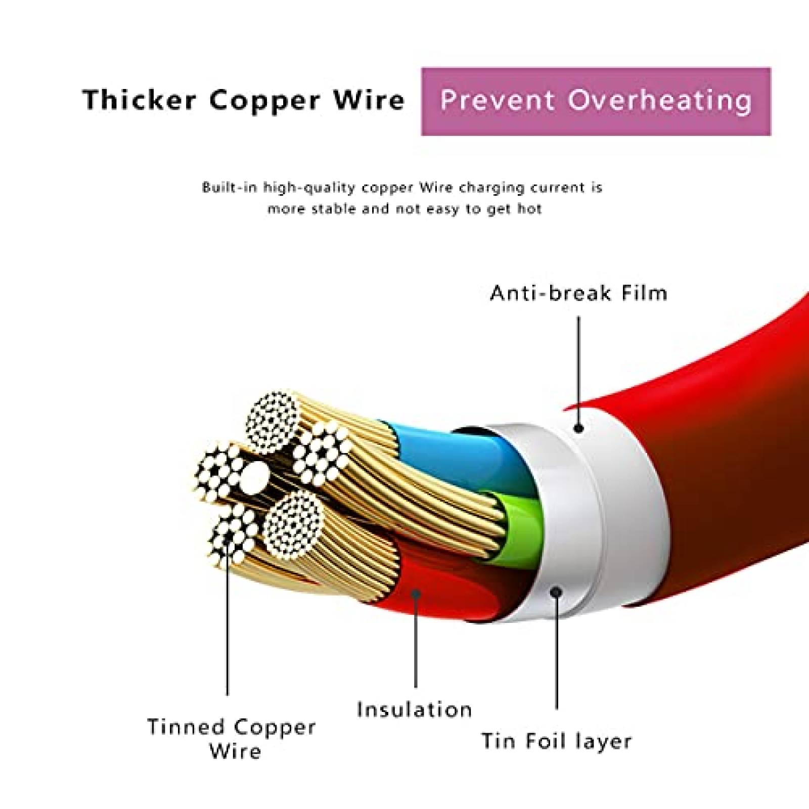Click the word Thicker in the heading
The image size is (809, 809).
click(x=139, y=100)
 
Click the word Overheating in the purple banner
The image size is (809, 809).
click(x=659, y=100)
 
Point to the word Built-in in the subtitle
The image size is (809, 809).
click(x=228, y=188)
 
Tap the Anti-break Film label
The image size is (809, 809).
click(x=578, y=293)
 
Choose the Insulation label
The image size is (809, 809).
click(x=415, y=709)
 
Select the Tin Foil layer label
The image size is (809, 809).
click(x=556, y=741)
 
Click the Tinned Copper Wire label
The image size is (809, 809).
click(x=232, y=738)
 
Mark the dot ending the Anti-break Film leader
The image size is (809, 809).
click(x=579, y=429)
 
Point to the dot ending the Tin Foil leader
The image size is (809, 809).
click(x=557, y=591)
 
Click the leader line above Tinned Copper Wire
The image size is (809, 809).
click(x=228, y=632)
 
